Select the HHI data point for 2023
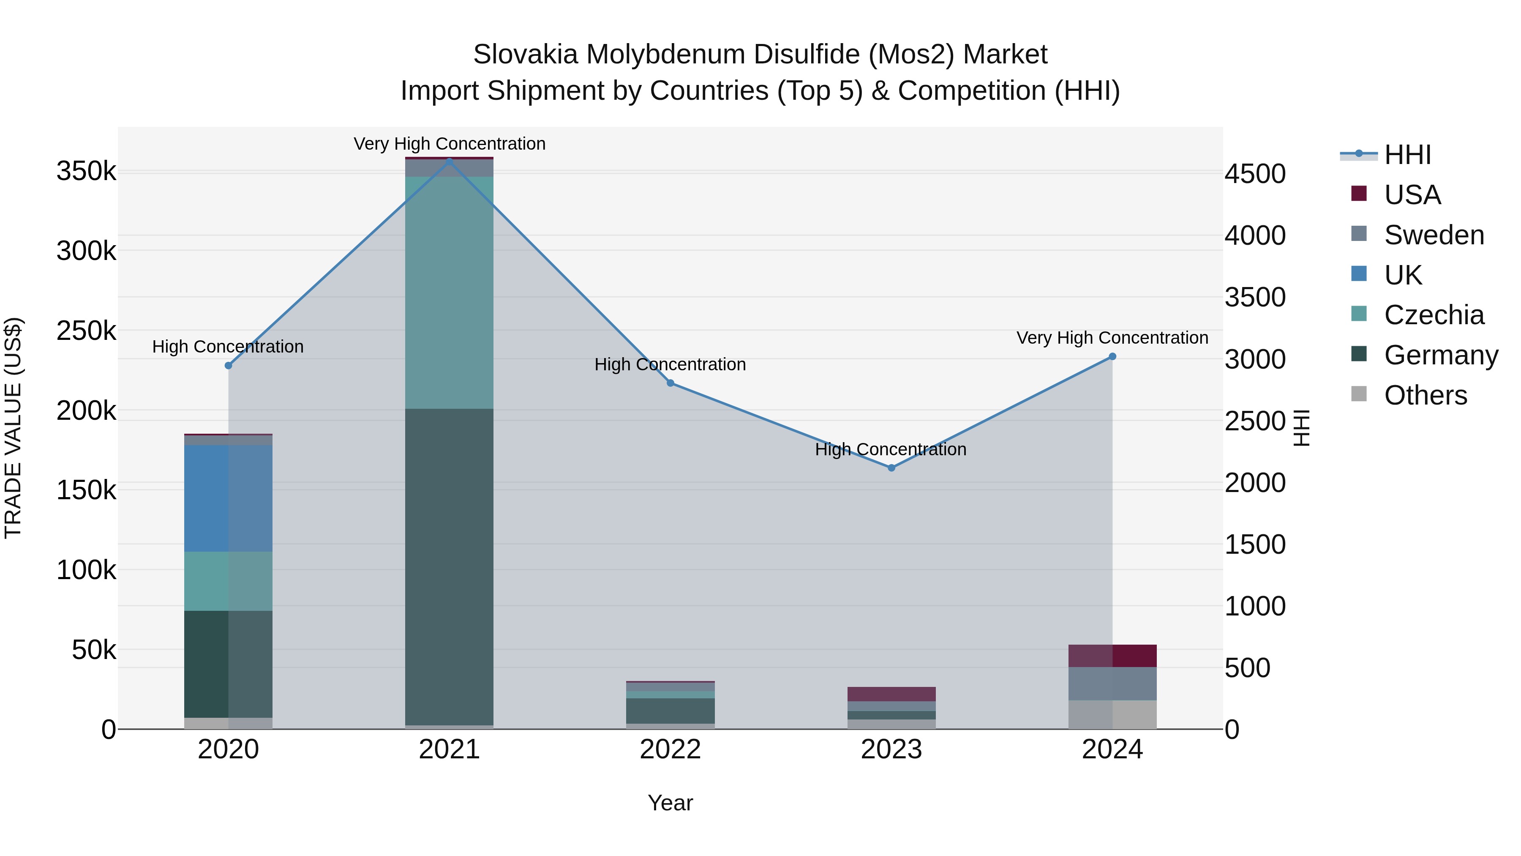[x=891, y=468]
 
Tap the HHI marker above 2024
[x=1112, y=356]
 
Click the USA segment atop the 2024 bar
[x=1112, y=656]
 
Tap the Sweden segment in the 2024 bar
[x=1112, y=684]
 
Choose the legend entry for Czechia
[x=1433, y=315]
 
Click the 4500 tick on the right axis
[x=1255, y=174]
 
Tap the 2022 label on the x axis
[x=670, y=749]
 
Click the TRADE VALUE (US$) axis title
[x=14, y=428]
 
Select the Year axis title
[x=670, y=803]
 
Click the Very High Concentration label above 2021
[x=450, y=144]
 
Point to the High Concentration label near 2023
[x=890, y=450]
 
